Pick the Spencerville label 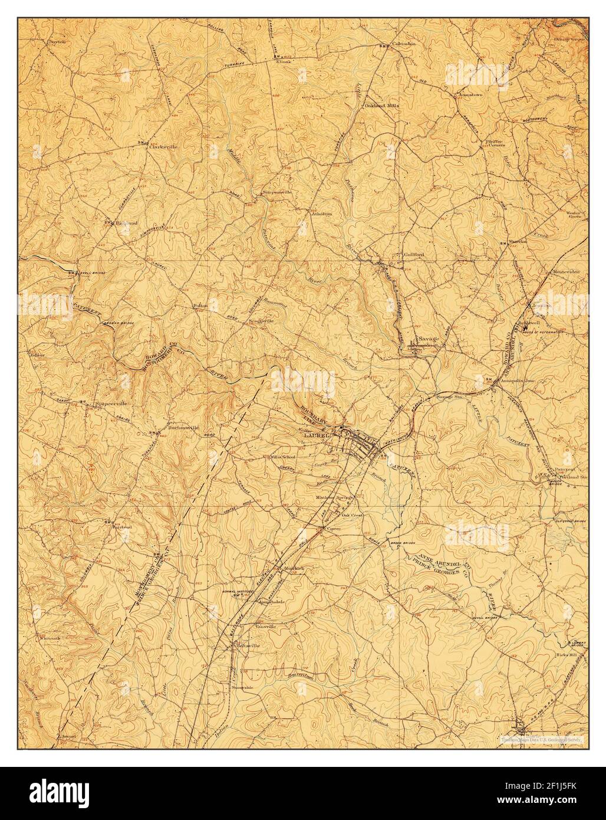(113, 404)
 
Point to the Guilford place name (414, 254)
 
